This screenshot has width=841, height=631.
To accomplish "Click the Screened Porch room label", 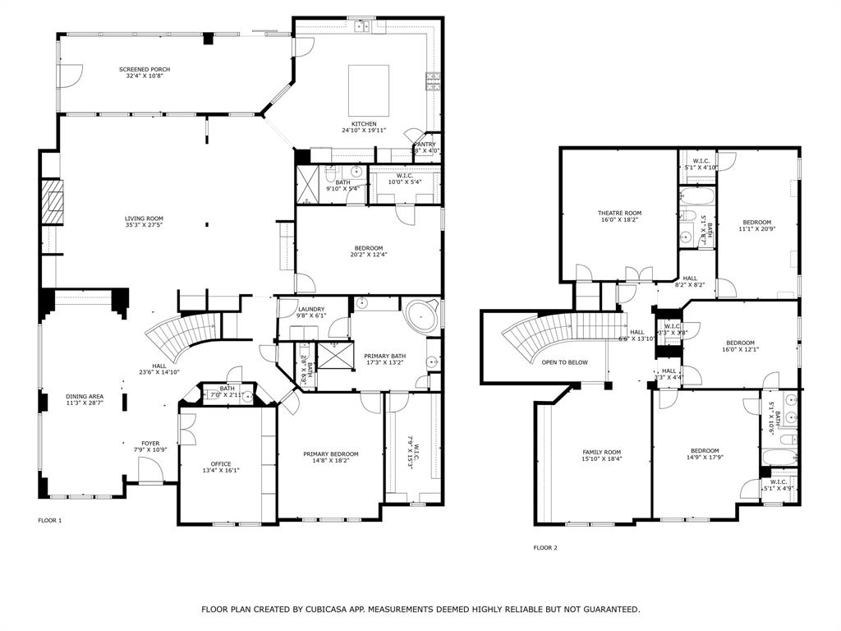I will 145,69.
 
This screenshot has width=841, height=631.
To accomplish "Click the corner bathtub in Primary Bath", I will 424,316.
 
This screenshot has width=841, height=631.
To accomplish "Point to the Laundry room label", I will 311,309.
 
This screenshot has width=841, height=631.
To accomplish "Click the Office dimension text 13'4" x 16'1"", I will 220,472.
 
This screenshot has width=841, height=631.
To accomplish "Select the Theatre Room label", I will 619,213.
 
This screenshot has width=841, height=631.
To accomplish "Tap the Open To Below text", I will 564,362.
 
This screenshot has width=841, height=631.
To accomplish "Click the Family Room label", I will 601,452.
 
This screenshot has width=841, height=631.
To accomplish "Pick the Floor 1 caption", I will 50,520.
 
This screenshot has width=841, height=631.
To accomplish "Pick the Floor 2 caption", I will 545,547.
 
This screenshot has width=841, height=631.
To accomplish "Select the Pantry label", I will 425,144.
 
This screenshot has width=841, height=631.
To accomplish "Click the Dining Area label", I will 85,397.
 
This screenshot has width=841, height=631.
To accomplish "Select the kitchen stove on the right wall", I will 431,81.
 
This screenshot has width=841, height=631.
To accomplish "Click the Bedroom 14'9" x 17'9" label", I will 705,450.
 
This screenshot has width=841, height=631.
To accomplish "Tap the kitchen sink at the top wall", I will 362,27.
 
